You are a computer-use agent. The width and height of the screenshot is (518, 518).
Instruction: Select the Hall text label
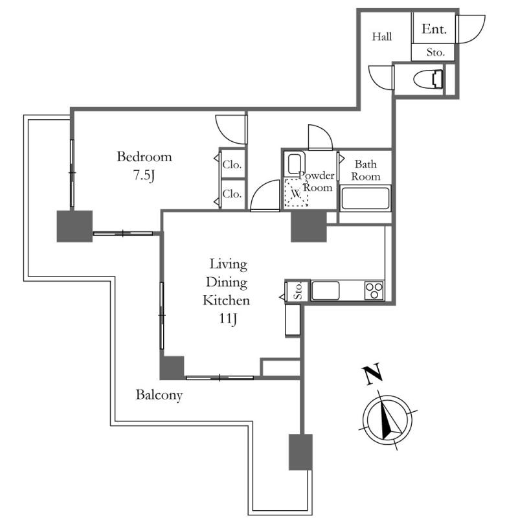click(x=382, y=37)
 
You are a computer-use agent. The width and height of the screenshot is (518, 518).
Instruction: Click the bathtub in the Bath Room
click(x=366, y=197)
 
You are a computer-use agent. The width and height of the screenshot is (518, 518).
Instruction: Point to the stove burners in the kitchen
click(x=374, y=290)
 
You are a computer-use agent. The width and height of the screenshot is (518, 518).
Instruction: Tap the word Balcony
click(x=159, y=395)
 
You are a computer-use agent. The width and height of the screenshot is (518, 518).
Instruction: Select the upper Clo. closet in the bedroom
click(x=232, y=164)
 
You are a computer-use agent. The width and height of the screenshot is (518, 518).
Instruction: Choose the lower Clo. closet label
click(x=232, y=194)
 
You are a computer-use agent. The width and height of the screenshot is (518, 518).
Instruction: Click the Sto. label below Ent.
click(x=434, y=52)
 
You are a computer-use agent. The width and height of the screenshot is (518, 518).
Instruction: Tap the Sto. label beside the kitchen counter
click(x=298, y=291)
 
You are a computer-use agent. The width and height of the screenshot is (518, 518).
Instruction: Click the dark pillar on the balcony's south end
click(x=300, y=452)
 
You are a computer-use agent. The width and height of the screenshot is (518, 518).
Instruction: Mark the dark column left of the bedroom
click(x=74, y=227)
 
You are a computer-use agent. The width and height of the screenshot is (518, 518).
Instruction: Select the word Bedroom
click(x=144, y=157)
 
